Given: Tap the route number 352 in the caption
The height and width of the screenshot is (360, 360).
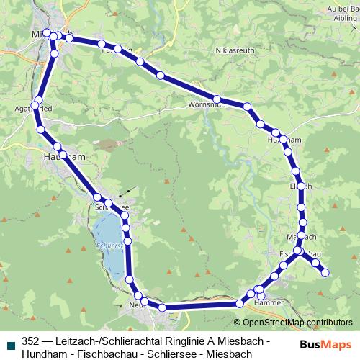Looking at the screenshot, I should [30, 341].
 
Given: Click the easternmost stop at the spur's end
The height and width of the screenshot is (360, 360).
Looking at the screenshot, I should [325, 272].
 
